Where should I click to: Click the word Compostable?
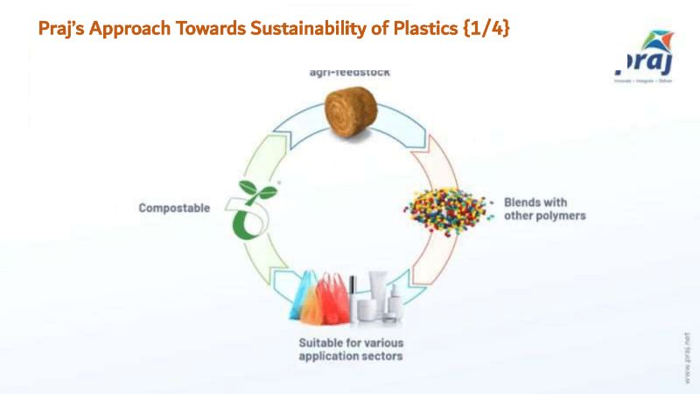coord(175,208)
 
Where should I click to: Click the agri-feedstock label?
coord(350,74)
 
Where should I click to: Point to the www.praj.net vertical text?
coord(687,358)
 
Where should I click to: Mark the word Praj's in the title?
coord(62,28)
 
